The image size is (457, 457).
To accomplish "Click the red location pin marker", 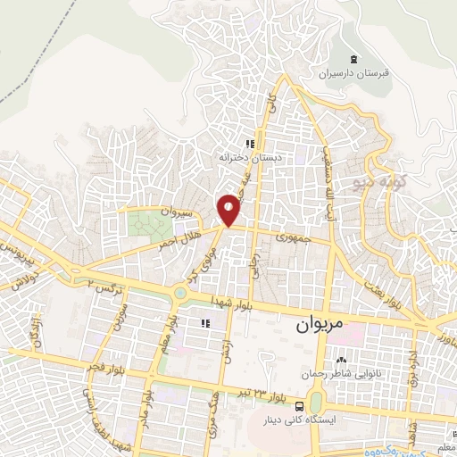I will tap(229, 209).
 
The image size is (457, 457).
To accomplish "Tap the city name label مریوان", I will tap(317, 327).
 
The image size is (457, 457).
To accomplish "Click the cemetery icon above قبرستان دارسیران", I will tap(354, 60).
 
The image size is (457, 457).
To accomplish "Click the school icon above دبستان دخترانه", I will tap(252, 142).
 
